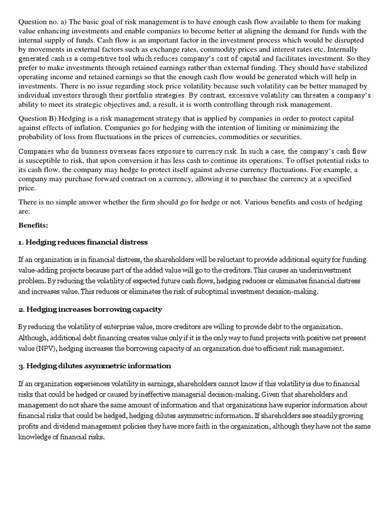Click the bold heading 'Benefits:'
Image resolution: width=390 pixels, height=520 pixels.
point(33,224)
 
